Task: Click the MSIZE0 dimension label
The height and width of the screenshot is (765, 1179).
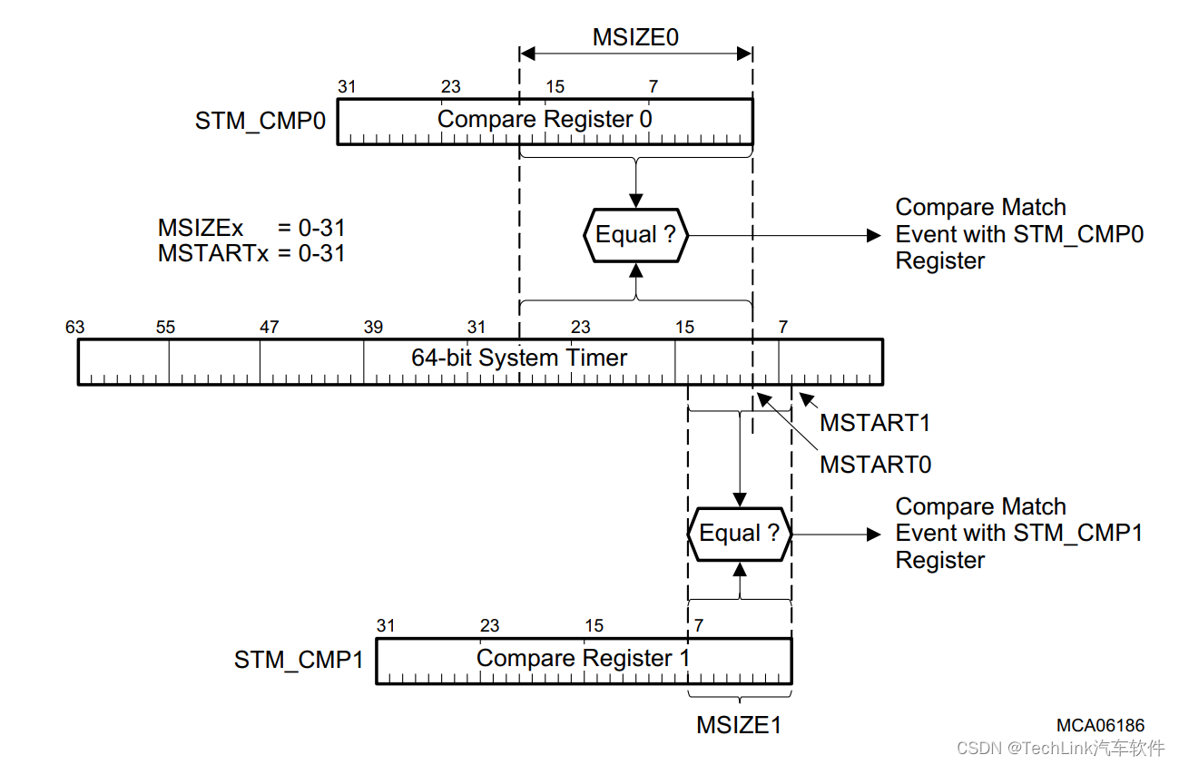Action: [x=635, y=37]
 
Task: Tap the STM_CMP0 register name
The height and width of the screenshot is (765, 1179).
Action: [x=260, y=121]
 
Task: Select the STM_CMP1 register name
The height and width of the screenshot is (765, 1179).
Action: [x=299, y=660]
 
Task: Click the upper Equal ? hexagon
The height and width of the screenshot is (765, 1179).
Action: [x=635, y=235]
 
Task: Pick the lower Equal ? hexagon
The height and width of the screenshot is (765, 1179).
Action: [x=740, y=534]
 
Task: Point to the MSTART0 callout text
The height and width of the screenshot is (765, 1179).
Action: [x=875, y=465]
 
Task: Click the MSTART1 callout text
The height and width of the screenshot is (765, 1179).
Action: [x=875, y=423]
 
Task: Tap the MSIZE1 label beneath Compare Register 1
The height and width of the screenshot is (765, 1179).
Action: [x=739, y=725]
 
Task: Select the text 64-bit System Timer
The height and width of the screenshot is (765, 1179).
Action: [x=519, y=358]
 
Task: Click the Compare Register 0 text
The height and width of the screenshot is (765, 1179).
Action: [x=545, y=120]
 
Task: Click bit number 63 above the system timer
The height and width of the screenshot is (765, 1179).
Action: [x=75, y=327]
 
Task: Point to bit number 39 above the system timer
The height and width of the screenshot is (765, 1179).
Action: [x=373, y=327]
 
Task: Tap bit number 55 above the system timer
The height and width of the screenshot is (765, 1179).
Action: [x=165, y=327]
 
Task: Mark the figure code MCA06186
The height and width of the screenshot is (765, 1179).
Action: [x=1100, y=725]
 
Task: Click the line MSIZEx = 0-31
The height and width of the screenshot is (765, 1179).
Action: [x=251, y=229]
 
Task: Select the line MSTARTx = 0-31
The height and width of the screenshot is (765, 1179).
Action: [x=251, y=253]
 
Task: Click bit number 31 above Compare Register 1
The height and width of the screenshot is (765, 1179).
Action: [x=386, y=626]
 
